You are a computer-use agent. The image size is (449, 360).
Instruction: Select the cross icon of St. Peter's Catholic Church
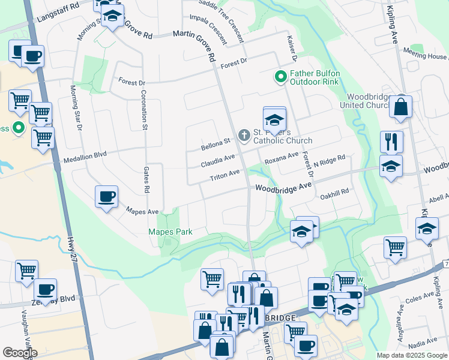click(x=244, y=135)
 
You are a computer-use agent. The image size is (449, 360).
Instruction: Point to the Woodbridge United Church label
click(x=369, y=101)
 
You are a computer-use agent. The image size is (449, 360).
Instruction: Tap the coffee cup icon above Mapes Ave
click(x=106, y=197)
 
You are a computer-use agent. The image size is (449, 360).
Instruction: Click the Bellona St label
click(x=216, y=142)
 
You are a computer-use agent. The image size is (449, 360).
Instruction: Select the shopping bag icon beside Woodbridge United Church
click(x=400, y=107)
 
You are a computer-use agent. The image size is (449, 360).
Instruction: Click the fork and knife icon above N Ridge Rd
click(x=391, y=142)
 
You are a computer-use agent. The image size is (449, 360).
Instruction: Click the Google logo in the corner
click(x=20, y=353)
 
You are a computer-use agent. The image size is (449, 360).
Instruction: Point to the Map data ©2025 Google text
click(x=411, y=355)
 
